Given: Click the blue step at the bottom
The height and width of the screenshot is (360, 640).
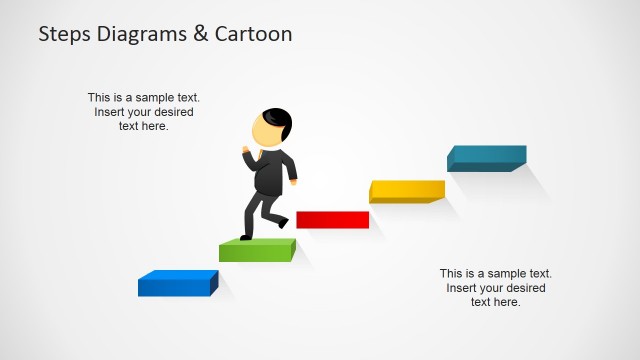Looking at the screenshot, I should tap(177, 284).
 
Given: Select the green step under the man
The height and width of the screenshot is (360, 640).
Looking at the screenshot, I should tap(257, 250).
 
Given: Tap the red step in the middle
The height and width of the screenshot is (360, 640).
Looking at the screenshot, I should tap(332, 220).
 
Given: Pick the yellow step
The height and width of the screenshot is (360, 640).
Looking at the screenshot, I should tap(406, 190).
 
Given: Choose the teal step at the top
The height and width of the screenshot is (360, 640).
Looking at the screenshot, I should tap(486, 158).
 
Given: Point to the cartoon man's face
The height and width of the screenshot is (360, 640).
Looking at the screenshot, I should tap(263, 132).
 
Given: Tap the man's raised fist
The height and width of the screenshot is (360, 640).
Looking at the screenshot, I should tap(245, 151).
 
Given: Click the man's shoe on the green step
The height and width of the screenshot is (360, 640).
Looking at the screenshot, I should tap(247, 236).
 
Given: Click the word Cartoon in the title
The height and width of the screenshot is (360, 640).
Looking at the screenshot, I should tap(255, 34).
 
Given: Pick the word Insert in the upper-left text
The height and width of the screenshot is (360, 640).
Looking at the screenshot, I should tap(111, 112).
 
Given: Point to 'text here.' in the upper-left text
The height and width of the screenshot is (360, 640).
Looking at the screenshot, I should tap(144, 126).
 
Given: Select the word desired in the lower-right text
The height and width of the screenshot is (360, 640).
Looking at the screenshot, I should tap(524, 288).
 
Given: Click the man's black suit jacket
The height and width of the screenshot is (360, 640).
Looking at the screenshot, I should tap(272, 172).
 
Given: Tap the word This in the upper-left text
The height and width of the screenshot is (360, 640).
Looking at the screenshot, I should tap(99, 98).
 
